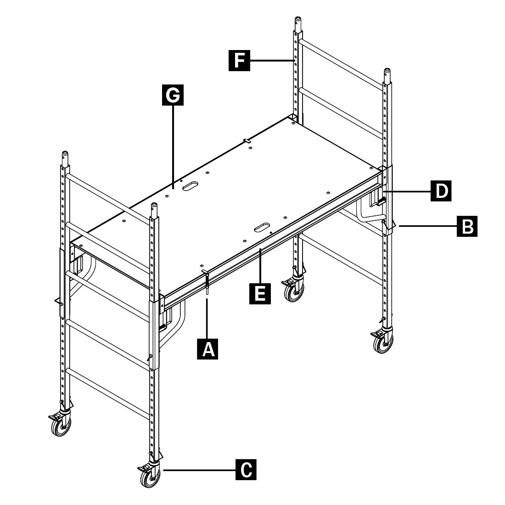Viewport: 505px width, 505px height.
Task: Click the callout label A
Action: click(x=208, y=349)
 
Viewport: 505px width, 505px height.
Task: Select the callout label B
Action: click(x=467, y=226)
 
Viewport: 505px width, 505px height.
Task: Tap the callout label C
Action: click(x=246, y=470)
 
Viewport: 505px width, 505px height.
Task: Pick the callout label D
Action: click(x=441, y=191)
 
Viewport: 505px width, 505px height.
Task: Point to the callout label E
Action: click(x=260, y=294)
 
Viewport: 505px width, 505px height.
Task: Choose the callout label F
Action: click(x=239, y=60)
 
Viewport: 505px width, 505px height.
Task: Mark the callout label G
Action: click(x=173, y=95)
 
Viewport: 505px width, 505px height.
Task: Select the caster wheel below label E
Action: click(x=294, y=292)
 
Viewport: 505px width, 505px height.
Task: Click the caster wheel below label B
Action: click(x=383, y=342)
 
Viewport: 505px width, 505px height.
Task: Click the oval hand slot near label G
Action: click(x=191, y=186)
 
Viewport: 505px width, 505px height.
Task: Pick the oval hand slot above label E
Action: click(x=263, y=227)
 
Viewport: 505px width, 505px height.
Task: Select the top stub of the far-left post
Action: click(x=65, y=158)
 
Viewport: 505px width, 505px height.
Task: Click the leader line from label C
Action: click(x=199, y=470)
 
